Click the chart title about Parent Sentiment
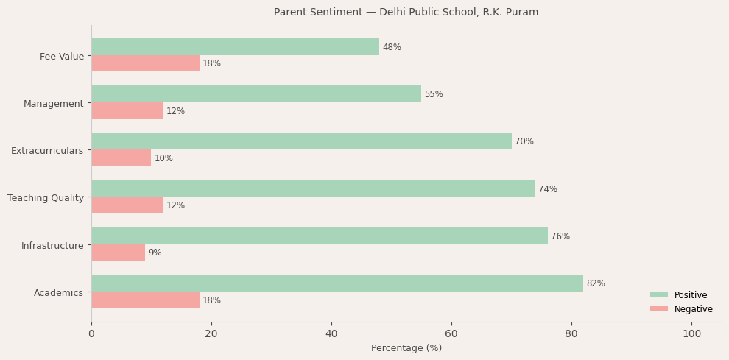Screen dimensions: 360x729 point(406,13)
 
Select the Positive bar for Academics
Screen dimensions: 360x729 point(337,283)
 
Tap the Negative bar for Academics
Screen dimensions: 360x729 point(145,300)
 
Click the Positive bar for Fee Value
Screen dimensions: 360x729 point(235,47)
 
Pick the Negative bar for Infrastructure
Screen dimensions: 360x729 point(118,253)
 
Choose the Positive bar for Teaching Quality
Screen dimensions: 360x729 point(313,189)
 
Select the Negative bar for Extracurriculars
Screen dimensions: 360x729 point(121,158)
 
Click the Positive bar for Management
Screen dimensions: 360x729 point(256,94)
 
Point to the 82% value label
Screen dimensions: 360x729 point(596,283)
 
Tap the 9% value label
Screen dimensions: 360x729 point(155,253)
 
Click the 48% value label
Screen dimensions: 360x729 point(392,47)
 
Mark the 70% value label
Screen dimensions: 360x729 point(524,141)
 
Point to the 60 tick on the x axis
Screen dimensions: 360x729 point(451,333)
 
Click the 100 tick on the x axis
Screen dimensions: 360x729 point(691,333)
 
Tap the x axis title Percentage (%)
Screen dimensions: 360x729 point(406,348)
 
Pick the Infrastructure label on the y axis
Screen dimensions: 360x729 point(52,245)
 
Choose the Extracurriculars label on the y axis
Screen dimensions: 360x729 point(47,151)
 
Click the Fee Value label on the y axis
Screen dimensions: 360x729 point(62,57)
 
